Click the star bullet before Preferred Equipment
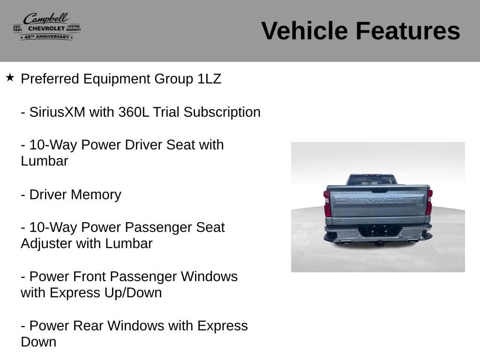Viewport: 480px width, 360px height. pyautogui.click(x=10, y=77)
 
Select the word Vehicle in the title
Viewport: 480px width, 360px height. pyautogui.click(x=304, y=31)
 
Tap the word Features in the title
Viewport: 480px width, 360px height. pyautogui.click(x=408, y=31)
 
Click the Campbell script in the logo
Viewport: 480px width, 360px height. pyautogui.click(x=46, y=19)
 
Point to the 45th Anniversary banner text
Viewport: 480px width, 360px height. pyautogui.click(x=47, y=37)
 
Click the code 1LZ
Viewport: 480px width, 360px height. pyautogui.click(x=210, y=79)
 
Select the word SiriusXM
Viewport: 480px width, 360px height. pyautogui.click(x=57, y=112)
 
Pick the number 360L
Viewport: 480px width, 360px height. pyautogui.click(x=134, y=112)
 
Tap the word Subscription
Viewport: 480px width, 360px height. pyautogui.click(x=222, y=112)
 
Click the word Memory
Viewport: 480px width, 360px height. pyautogui.click(x=96, y=195)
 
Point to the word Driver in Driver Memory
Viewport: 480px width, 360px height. pyautogui.click(x=48, y=195)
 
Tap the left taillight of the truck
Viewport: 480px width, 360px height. pyautogui.click(x=327, y=203)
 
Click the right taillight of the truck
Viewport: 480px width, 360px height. pyautogui.click(x=429, y=202)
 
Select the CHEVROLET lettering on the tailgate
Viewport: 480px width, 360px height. pyautogui.click(x=378, y=201)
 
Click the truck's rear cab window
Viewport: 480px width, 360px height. pyautogui.click(x=371, y=180)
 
